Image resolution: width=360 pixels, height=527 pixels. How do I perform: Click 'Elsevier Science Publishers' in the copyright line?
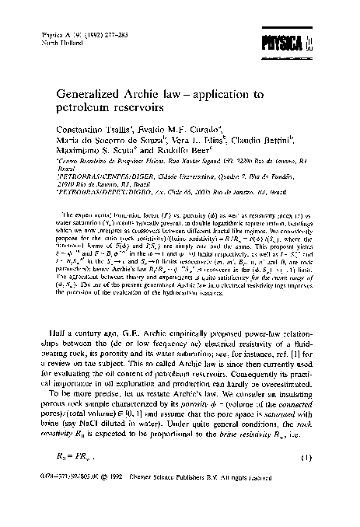[176, 512]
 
